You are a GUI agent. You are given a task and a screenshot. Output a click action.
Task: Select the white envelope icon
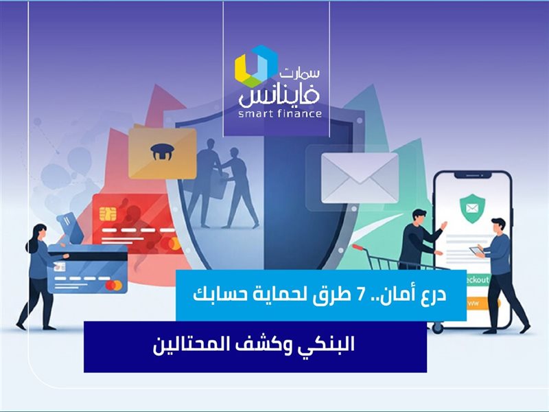[360, 177]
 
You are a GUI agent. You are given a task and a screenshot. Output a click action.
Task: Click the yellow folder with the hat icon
[162, 152]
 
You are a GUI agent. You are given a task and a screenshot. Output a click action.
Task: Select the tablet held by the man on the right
[476, 251]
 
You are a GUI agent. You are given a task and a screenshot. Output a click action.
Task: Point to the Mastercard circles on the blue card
[113, 284]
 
